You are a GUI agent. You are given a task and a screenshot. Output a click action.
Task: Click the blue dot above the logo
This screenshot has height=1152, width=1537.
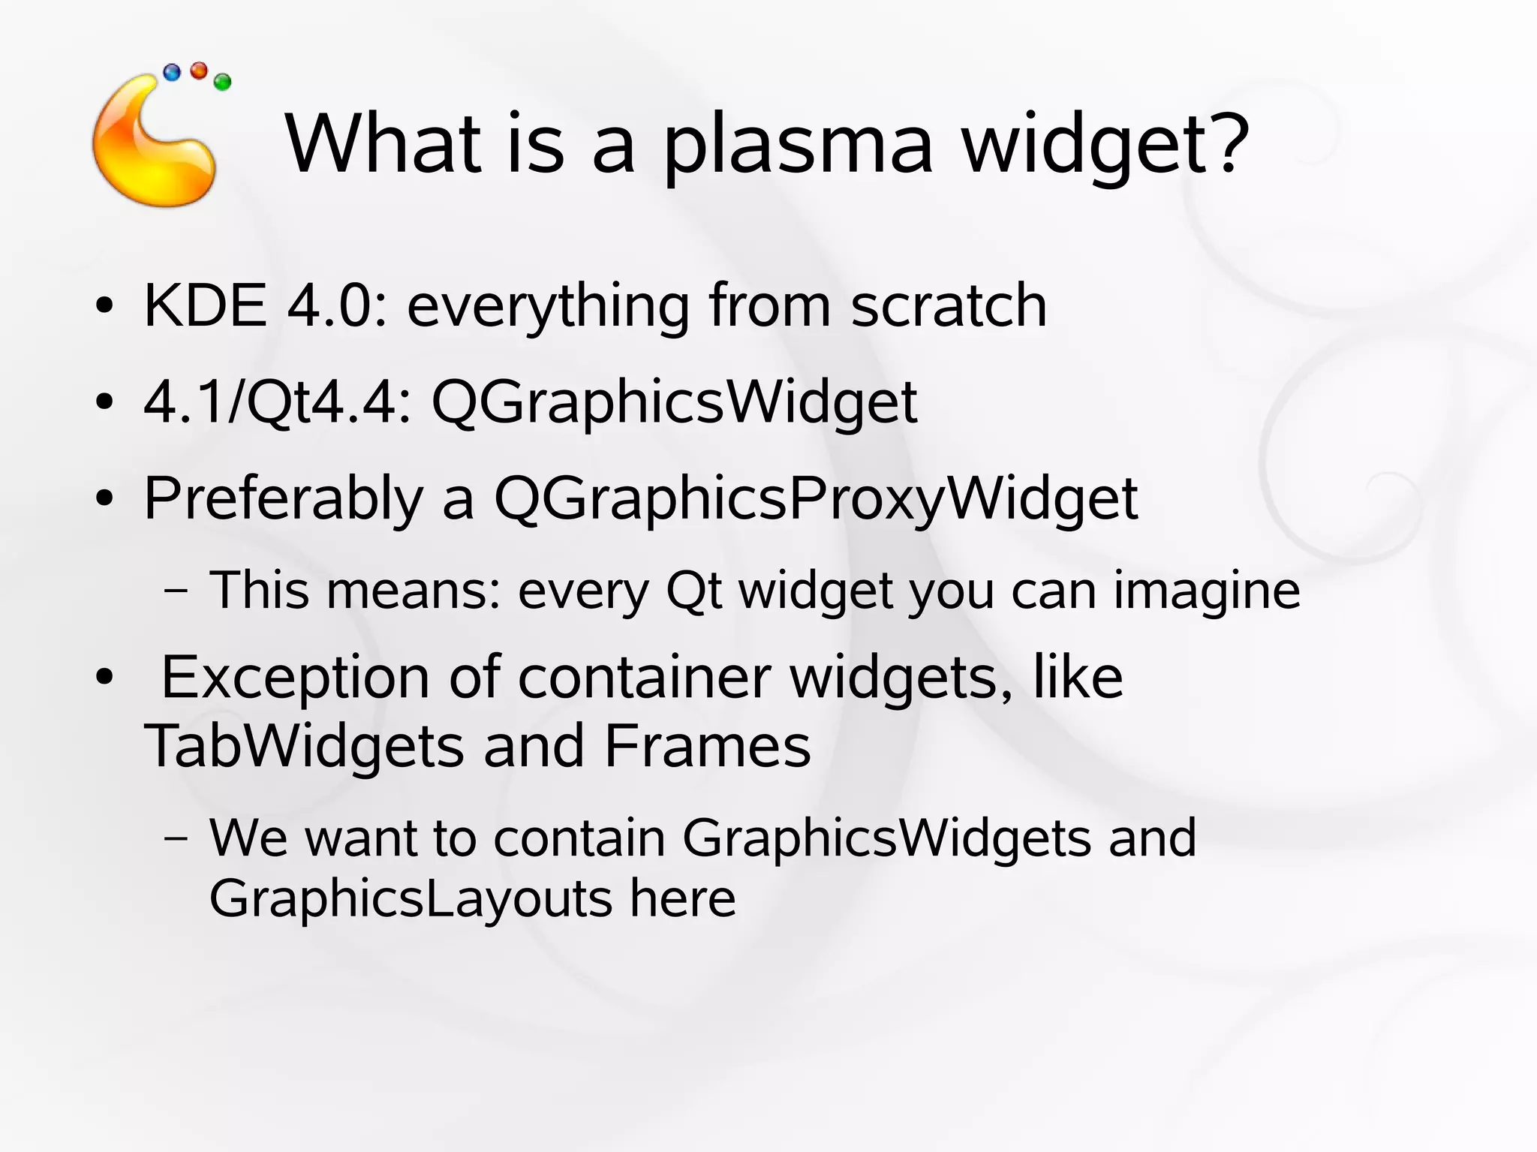point(172,73)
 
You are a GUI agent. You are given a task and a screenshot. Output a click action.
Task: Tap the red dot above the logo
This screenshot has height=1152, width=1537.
point(199,71)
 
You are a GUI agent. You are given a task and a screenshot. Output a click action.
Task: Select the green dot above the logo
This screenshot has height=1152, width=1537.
point(222,82)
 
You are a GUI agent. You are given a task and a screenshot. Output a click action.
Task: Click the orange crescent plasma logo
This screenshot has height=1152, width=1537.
point(150,150)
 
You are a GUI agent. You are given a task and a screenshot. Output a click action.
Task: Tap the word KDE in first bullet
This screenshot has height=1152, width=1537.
point(205,305)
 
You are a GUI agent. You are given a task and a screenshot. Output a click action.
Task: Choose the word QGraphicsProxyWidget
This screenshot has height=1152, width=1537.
point(816,499)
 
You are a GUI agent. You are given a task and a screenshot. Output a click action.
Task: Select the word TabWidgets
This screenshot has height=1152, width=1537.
point(304,746)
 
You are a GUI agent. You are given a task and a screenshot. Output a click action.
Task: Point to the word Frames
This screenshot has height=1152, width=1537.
point(707,746)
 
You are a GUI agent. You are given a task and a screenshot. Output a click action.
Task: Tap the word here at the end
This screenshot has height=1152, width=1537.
point(682,898)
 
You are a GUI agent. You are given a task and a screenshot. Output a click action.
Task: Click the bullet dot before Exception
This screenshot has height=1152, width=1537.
point(104,677)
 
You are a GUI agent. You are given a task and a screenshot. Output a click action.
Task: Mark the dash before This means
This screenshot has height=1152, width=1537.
point(176,591)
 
